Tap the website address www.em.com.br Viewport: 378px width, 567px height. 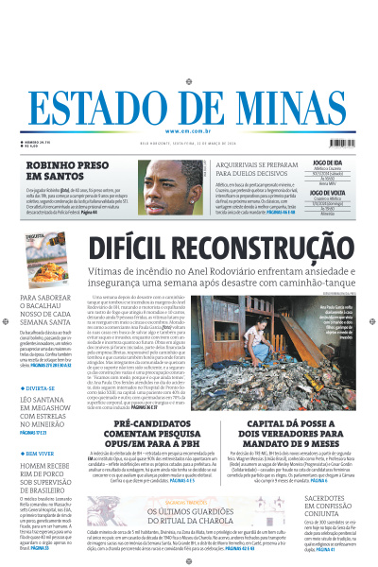(189, 130)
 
